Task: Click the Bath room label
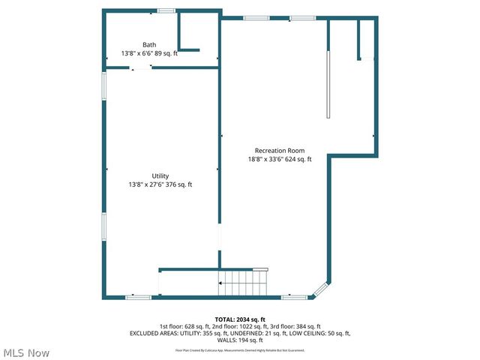[150, 45]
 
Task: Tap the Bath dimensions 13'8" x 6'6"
[150, 54]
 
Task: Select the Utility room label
[160, 176]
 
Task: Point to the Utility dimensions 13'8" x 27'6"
[160, 184]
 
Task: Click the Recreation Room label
[280, 151]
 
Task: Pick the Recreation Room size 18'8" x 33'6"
[280, 159]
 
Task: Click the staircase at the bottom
[243, 283]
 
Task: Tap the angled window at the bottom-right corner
[320, 290]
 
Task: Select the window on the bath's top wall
[166, 10]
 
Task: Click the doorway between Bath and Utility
[140, 67]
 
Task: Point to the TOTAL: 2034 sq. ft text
[240, 319]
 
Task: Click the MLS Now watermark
[26, 352]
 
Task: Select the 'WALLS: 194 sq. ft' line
[240, 340]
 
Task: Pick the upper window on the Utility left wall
[104, 85]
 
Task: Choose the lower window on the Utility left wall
[104, 226]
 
